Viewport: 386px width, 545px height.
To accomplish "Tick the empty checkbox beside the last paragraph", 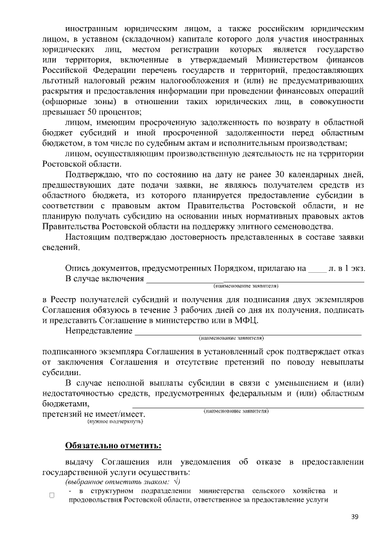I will pos(52,496).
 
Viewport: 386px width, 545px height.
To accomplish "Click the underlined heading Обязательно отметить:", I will pos(113,446).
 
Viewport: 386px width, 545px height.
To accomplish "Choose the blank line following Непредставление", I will pos(248,332).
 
